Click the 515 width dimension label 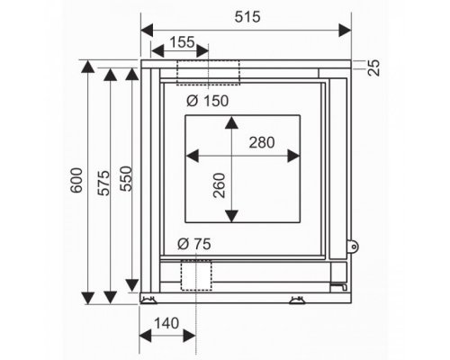click(x=247, y=17)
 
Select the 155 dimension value click(x=182, y=42)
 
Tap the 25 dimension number click(x=373, y=67)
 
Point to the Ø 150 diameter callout click(x=207, y=101)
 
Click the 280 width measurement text click(x=262, y=142)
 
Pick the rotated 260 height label click(x=219, y=185)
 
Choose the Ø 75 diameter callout click(x=194, y=244)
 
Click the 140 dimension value click(x=166, y=323)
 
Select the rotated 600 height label click(x=76, y=180)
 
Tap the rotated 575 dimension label click(x=104, y=183)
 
